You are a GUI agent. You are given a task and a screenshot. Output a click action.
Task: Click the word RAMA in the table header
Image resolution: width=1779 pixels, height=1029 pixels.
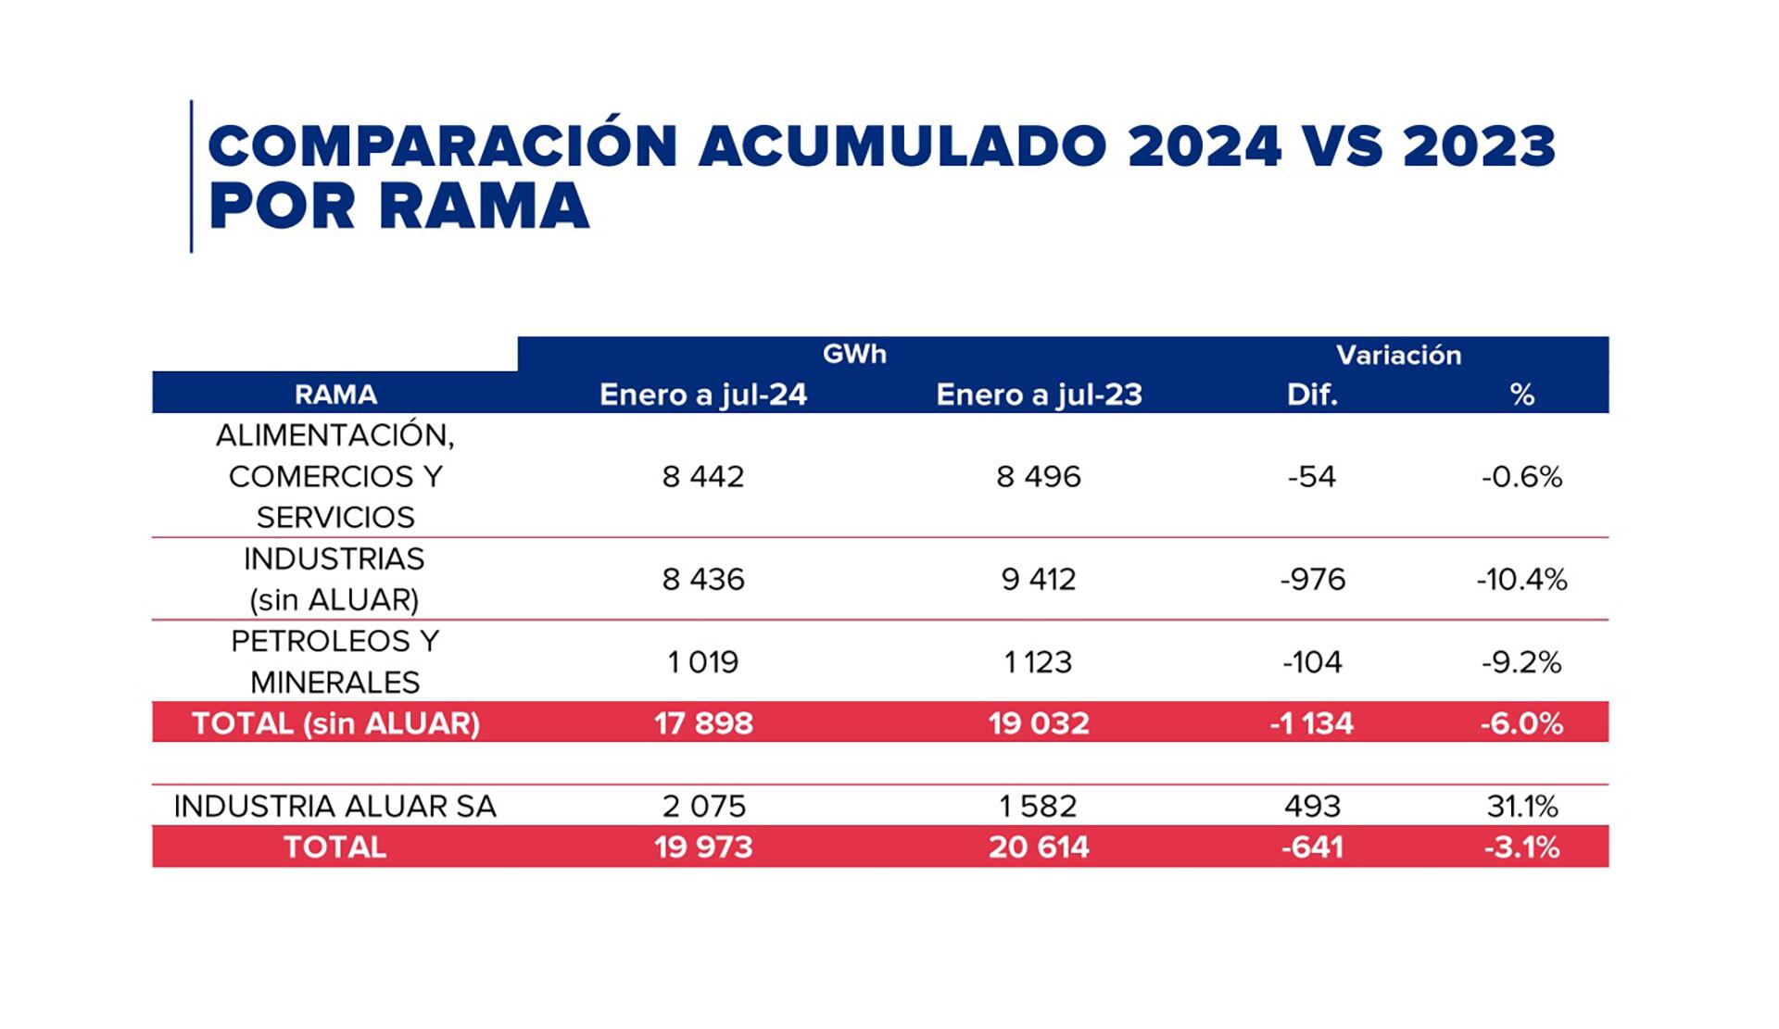(335, 395)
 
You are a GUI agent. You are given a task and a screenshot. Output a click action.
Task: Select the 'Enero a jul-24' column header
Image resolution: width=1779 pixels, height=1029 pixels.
(703, 395)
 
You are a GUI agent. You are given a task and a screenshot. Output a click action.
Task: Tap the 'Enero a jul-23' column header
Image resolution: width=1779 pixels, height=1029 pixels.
(1039, 395)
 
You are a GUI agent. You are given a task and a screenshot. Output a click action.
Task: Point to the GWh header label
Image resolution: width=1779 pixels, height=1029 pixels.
(854, 354)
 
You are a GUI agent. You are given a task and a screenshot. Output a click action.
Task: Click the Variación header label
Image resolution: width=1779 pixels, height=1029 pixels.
(1398, 355)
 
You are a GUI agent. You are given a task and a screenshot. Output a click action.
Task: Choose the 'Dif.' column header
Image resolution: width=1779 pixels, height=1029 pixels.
(1312, 395)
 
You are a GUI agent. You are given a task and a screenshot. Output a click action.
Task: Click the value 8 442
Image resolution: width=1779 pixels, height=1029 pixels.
(703, 476)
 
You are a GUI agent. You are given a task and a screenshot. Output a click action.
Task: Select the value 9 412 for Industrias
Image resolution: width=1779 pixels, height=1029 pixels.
(1039, 579)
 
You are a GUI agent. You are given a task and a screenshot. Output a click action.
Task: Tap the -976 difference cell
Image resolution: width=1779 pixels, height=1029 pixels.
(1312, 579)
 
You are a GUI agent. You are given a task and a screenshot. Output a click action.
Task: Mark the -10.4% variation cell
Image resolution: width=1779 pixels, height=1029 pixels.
(1521, 579)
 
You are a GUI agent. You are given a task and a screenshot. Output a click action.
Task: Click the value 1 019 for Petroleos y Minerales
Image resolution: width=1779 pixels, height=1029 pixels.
(703, 661)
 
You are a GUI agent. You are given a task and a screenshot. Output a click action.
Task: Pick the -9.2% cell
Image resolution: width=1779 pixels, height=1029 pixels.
(1521, 661)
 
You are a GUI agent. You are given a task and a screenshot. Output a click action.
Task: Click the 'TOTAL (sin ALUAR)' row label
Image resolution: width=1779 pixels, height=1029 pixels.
(335, 722)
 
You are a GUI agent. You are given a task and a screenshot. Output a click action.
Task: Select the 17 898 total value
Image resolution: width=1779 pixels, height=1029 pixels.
(703, 722)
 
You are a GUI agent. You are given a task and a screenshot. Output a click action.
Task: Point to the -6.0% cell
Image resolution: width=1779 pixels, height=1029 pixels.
(1521, 722)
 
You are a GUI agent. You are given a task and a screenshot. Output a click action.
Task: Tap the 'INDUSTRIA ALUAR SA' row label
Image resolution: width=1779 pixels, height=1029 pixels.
(335, 806)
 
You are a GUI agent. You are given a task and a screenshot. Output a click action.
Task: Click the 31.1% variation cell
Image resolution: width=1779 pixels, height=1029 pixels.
(1521, 806)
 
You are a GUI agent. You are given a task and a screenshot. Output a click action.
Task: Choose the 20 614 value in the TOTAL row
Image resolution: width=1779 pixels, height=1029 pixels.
(1039, 847)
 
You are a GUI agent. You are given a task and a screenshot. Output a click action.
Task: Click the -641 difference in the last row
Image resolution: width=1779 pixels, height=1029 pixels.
(1312, 847)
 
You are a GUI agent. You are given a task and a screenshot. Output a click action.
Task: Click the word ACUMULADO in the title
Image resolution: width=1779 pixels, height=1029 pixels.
(902, 146)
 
